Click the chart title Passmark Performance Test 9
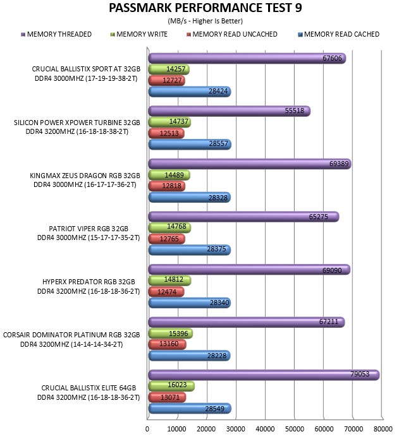(206, 8)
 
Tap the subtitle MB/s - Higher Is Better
(206, 21)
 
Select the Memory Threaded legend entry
(56, 34)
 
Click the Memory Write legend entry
(139, 34)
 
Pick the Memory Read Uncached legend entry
(231, 34)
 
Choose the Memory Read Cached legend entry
(338, 34)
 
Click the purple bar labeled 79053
(264, 375)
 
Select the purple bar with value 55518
(229, 111)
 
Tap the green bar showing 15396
(170, 334)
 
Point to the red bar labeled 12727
(166, 81)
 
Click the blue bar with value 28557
(190, 144)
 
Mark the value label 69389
(339, 164)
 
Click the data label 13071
(170, 397)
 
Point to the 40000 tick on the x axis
(265, 429)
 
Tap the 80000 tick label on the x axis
(383, 429)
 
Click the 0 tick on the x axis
(147, 429)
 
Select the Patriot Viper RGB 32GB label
(89, 229)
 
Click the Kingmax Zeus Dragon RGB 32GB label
(85, 176)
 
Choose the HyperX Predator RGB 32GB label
(89, 282)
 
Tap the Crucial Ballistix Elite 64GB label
(89, 388)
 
